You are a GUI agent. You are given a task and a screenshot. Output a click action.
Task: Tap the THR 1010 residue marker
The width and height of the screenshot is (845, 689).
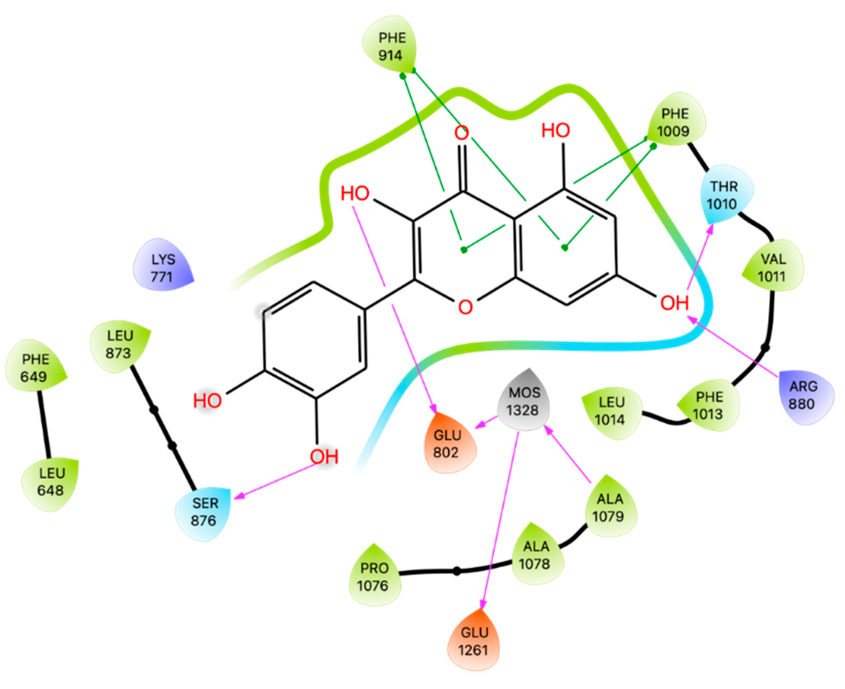(724, 195)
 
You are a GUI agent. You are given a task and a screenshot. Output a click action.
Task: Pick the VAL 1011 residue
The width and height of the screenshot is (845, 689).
(773, 267)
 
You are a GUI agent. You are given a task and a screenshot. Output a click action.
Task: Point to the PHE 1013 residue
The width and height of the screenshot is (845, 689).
(709, 405)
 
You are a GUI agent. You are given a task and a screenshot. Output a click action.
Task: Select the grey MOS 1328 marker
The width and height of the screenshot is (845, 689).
(524, 401)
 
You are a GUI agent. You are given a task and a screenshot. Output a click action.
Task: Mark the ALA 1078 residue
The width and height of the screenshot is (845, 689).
(536, 555)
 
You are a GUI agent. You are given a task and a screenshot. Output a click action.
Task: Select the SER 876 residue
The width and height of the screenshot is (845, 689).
(204, 512)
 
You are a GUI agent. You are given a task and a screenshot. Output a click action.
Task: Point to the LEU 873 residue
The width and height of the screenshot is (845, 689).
(119, 344)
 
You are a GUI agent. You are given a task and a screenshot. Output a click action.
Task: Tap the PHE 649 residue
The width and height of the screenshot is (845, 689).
(35, 367)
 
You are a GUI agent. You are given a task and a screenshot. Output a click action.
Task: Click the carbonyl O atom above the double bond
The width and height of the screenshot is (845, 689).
(461, 133)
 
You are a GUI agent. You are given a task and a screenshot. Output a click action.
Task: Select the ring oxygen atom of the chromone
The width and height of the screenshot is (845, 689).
(465, 307)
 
